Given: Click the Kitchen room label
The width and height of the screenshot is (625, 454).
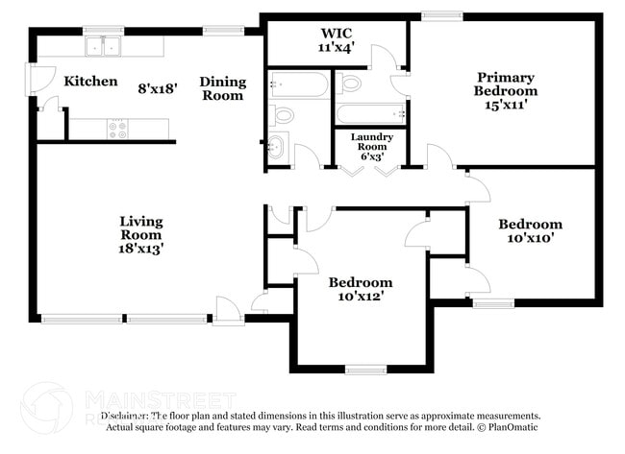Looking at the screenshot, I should [90, 82].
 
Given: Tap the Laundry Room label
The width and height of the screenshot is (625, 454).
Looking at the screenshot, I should [370, 142].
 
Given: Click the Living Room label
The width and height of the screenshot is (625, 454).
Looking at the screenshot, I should [141, 227].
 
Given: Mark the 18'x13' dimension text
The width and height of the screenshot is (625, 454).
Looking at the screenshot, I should [141, 248].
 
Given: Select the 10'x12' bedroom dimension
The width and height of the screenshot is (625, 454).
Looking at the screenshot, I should [361, 297].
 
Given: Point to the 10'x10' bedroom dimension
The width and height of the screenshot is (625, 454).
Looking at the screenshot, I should [530, 238].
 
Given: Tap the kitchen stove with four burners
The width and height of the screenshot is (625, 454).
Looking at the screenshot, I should [118, 129].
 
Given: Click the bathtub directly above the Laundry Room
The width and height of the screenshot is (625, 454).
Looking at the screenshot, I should [371, 112].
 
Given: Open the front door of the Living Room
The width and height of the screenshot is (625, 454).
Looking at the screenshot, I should [227, 310].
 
